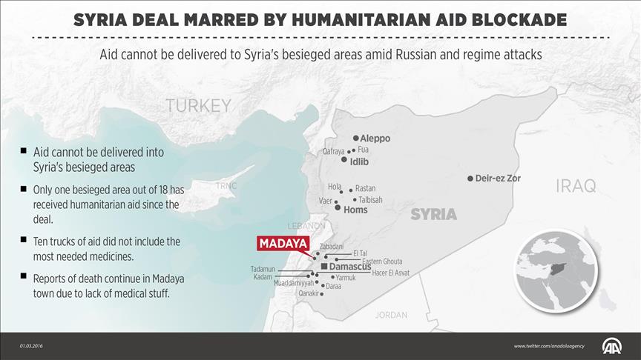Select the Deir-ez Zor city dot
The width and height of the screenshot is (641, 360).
click(470, 179)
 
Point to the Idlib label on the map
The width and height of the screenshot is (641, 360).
click(359, 161)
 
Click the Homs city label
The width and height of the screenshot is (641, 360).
click(355, 210)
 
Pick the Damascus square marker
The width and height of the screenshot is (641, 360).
click(324, 266)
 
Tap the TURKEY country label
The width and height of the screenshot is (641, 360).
click(198, 106)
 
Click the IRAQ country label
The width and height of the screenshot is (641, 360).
click(576, 187)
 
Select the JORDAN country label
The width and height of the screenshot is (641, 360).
click(391, 315)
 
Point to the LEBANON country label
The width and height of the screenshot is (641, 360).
click(306, 225)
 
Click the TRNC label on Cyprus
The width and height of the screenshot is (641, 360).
click(226, 186)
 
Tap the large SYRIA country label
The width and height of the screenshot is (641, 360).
click(433, 214)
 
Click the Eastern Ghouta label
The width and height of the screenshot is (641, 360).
click(382, 261)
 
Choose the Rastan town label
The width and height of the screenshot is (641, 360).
click(365, 189)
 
